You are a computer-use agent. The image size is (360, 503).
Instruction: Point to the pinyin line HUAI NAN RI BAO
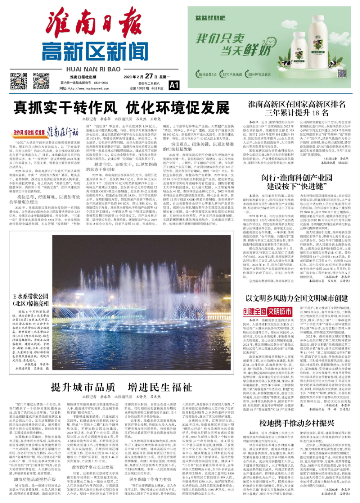point(93,69)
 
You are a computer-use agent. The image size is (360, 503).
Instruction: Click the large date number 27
point(149,76)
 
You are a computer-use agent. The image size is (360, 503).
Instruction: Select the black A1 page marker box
point(174,85)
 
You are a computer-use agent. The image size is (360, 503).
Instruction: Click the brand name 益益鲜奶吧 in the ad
point(211,18)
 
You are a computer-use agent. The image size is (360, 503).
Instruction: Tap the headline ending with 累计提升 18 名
point(297,108)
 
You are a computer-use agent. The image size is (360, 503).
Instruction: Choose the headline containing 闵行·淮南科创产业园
point(297,182)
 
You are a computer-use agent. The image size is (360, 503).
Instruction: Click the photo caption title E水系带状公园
point(31,300)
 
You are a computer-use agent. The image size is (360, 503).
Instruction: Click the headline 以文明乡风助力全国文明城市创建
point(297,298)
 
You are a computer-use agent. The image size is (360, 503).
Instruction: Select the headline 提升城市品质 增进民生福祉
point(121,387)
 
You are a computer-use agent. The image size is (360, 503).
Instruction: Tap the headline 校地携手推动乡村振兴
point(297,423)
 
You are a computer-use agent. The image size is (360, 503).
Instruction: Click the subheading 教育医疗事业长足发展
point(93,467)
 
